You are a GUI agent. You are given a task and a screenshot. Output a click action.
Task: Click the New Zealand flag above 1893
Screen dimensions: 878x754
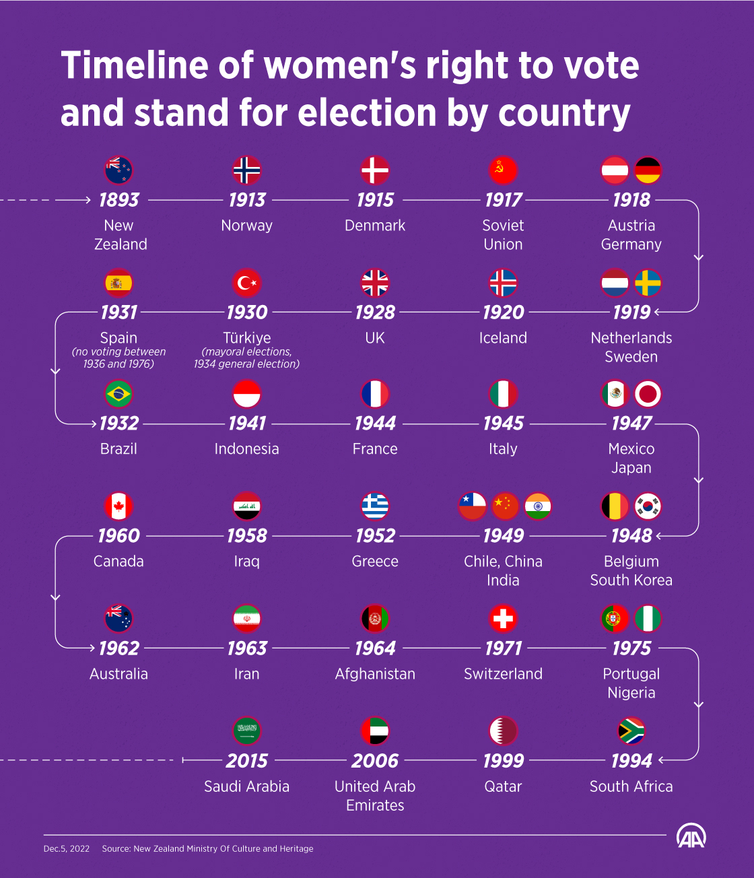(118, 170)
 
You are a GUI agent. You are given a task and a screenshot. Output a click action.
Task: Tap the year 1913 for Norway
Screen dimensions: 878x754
(247, 200)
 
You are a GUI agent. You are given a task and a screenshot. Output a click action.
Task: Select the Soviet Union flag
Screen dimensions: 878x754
(503, 170)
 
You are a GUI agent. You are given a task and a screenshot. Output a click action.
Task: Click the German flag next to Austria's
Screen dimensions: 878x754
(648, 170)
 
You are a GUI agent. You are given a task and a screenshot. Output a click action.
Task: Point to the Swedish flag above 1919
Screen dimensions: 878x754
(648, 283)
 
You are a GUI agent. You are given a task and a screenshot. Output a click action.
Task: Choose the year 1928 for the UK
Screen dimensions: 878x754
(375, 312)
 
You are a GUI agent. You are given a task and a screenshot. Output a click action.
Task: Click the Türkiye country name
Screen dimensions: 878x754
(247, 338)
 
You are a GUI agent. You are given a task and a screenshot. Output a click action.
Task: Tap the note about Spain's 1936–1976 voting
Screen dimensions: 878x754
(118, 358)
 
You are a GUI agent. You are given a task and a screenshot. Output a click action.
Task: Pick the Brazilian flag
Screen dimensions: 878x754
(118, 394)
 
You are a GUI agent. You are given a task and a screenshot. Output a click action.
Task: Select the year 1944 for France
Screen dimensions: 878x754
(375, 424)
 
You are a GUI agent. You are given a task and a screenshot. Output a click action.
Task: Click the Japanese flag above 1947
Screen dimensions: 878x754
(648, 394)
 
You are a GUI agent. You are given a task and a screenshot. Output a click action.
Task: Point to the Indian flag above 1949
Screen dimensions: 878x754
(538, 506)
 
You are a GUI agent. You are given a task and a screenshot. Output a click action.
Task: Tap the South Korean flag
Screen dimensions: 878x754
(648, 506)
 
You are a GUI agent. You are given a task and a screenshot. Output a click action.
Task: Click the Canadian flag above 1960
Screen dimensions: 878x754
(118, 506)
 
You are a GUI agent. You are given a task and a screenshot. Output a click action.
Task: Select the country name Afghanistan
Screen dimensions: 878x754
(375, 674)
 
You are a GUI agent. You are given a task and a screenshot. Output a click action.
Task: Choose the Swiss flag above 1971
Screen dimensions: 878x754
(503, 619)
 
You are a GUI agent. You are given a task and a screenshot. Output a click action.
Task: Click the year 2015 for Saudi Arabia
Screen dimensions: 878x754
(247, 761)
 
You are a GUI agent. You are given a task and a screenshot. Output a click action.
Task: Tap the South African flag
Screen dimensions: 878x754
(631, 731)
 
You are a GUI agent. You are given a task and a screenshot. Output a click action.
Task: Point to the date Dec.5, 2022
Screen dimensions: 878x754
(67, 849)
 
